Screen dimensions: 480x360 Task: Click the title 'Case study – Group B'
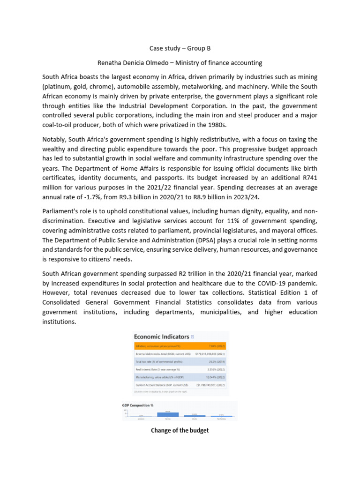[180, 48]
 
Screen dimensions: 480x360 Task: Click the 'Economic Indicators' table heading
[162, 337]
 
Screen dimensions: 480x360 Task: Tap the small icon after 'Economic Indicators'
[193, 337]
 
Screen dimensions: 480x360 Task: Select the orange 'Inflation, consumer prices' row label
[153, 346]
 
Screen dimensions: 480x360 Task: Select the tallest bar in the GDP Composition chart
[167, 414]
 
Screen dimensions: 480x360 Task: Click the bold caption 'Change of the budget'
[180, 430]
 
